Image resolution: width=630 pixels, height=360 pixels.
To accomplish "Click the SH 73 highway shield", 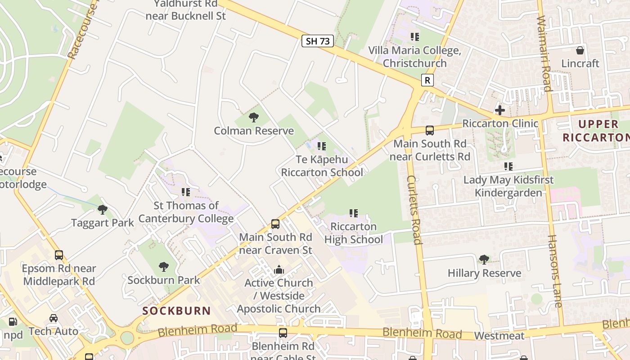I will coord(318,41).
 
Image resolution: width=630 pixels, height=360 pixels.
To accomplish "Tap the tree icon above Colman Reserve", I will coord(254,118).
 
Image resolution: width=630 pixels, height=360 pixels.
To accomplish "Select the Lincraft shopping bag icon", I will coord(580,50).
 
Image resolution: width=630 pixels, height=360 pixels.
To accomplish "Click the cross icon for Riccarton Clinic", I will coord(499,110).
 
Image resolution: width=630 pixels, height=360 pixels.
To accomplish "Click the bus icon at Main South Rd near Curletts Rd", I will coord(430,130).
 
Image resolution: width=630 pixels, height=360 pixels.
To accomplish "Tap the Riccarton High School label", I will coord(354,233).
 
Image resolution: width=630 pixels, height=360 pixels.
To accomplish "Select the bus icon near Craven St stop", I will coord(275,224).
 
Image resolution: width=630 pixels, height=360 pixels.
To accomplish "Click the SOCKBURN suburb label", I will coord(177,310).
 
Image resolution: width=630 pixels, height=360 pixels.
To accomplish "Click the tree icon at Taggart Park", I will coord(103,210).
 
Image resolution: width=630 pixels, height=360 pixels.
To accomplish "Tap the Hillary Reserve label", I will coord(484,273).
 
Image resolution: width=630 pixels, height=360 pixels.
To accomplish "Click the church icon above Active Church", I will coord(279,270).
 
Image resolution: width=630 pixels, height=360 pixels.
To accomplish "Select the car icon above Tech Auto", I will coord(54,318).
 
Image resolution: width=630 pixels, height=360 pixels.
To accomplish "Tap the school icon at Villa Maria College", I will coord(414,37).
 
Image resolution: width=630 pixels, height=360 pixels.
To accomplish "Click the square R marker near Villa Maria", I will coord(427,81).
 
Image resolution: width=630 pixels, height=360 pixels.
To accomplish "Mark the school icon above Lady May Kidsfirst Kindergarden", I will coord(508,166).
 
